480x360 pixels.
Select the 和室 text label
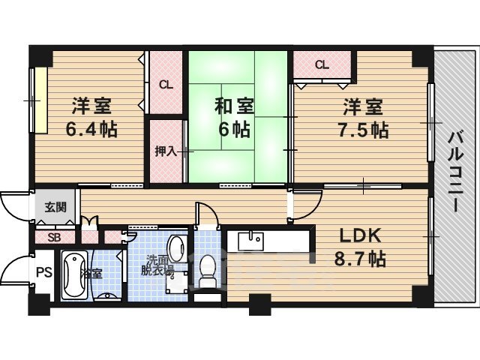point(232,106)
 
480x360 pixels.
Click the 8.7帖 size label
point(360,259)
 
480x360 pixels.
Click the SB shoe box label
point(54,238)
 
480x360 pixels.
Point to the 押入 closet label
point(166,151)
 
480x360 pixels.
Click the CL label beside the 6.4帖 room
point(166,85)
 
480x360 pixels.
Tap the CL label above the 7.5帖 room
point(322,64)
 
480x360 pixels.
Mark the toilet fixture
point(208,270)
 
